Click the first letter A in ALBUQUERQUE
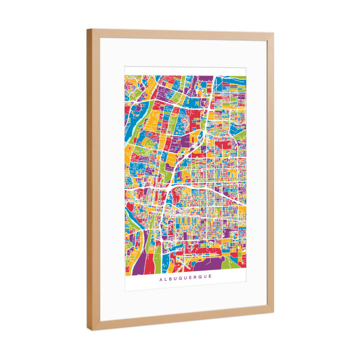[x=160, y=278]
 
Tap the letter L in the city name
[x=166, y=278]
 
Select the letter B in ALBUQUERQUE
[x=171, y=278]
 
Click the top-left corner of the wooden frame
[x=88, y=29]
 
